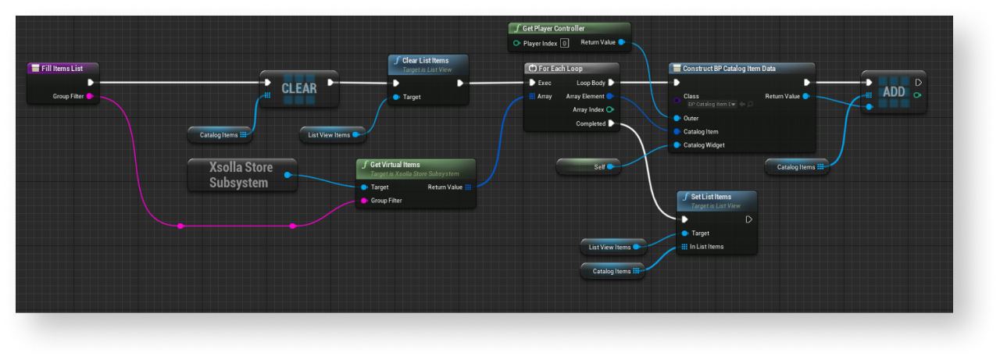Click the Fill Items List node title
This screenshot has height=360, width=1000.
62,69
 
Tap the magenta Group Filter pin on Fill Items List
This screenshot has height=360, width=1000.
90,96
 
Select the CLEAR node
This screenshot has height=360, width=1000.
299,88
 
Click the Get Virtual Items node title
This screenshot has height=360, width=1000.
395,165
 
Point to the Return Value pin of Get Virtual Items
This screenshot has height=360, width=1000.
467,187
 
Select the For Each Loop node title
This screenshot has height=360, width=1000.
560,69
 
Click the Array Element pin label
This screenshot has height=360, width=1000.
585,96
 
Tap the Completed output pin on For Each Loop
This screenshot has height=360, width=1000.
611,123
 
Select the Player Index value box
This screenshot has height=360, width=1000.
564,43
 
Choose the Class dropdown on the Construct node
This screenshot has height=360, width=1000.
712,104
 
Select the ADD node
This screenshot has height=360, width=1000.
893,91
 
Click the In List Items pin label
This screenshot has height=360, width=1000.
706,247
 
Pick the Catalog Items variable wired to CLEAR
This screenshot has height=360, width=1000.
220,135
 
